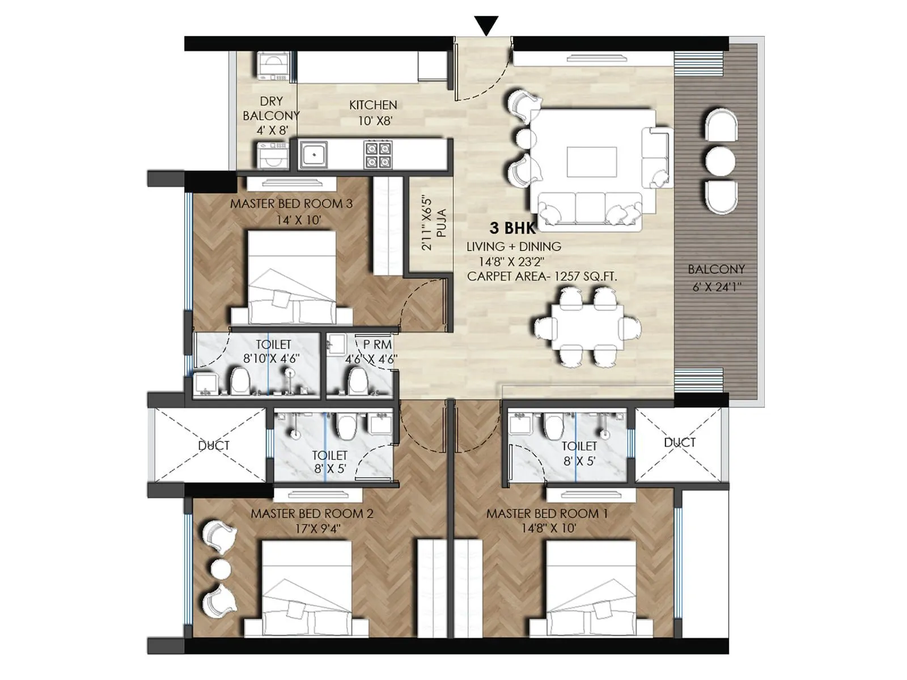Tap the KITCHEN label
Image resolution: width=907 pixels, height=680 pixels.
click(372, 105)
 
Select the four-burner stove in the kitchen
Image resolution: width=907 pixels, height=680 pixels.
click(378, 155)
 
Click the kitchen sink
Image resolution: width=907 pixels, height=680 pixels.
click(313, 154)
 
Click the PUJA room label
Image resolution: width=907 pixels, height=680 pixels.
click(442, 224)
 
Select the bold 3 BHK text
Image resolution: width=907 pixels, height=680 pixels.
click(512, 228)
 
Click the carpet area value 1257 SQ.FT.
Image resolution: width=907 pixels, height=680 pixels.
click(586, 277)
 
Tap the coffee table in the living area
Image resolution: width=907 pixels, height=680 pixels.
click(592, 162)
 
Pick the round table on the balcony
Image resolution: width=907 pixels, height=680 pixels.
click(720, 160)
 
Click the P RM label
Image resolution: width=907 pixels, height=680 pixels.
click(377, 345)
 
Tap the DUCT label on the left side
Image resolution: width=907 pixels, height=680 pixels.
click(214, 446)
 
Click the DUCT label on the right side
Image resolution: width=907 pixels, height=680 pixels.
click(680, 443)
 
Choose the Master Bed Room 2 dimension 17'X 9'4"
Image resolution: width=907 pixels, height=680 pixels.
click(312, 529)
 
